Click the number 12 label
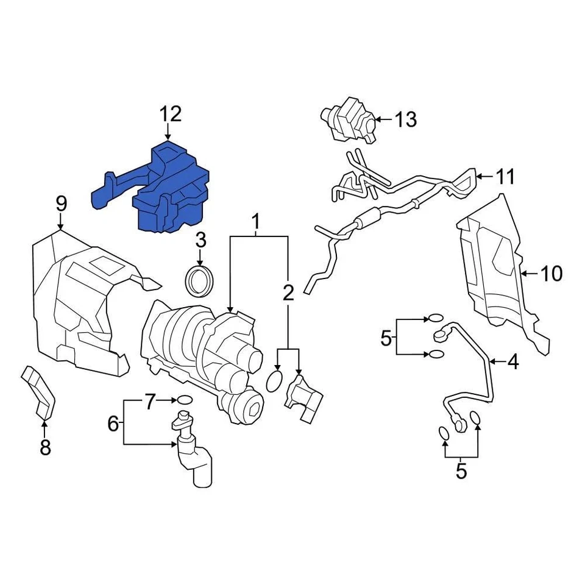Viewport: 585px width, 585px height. (x=171, y=114)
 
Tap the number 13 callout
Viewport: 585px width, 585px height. (x=405, y=119)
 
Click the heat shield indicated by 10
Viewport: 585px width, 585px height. (x=494, y=268)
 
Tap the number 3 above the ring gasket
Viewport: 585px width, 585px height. (x=200, y=241)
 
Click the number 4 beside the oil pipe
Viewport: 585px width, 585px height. (x=513, y=363)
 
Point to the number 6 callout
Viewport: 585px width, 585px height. (x=113, y=423)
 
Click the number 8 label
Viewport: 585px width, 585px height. (x=45, y=448)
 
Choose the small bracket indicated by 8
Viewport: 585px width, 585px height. (x=39, y=393)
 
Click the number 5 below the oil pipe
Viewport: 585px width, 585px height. (x=461, y=470)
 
